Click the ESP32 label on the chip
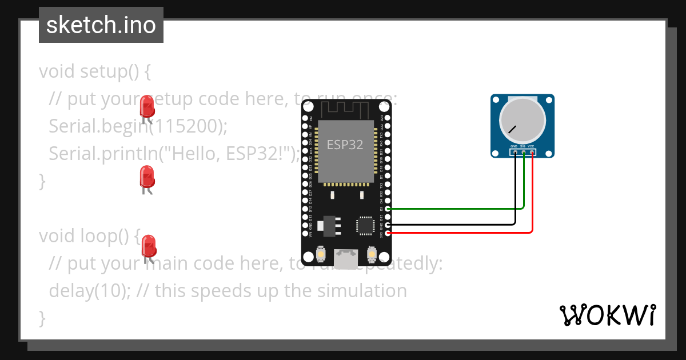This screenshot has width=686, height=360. coord(345,145)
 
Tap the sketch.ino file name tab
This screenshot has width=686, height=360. coord(101,26)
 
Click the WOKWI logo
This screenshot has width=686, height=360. coord(607,315)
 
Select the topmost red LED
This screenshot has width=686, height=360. coord(147,106)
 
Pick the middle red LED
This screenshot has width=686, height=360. coord(147,177)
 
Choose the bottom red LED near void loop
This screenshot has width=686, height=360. coord(149,246)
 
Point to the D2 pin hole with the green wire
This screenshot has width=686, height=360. coord(389,209)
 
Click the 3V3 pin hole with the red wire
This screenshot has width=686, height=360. coord(389,233)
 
